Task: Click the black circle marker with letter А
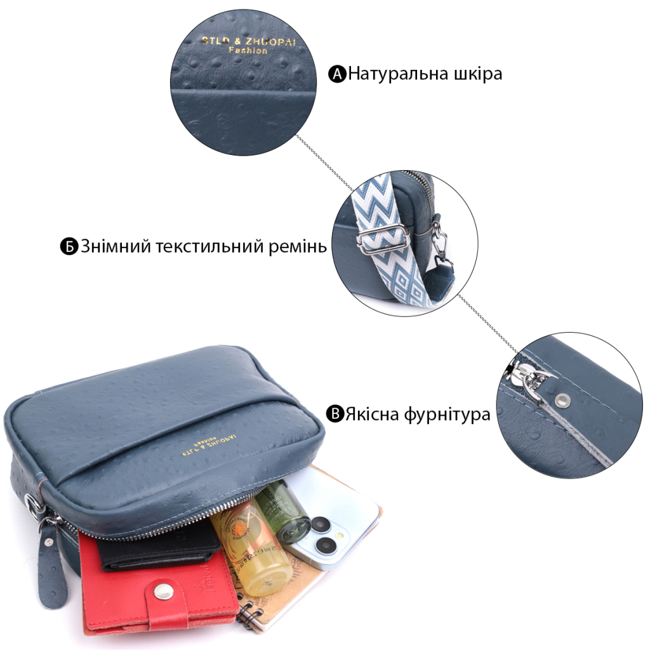337,74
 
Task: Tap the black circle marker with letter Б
69,246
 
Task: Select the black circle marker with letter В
335,415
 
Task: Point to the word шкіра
473,74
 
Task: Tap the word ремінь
297,247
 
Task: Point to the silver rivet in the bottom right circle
562,399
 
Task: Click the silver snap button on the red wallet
164,592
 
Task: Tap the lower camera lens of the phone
328,545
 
